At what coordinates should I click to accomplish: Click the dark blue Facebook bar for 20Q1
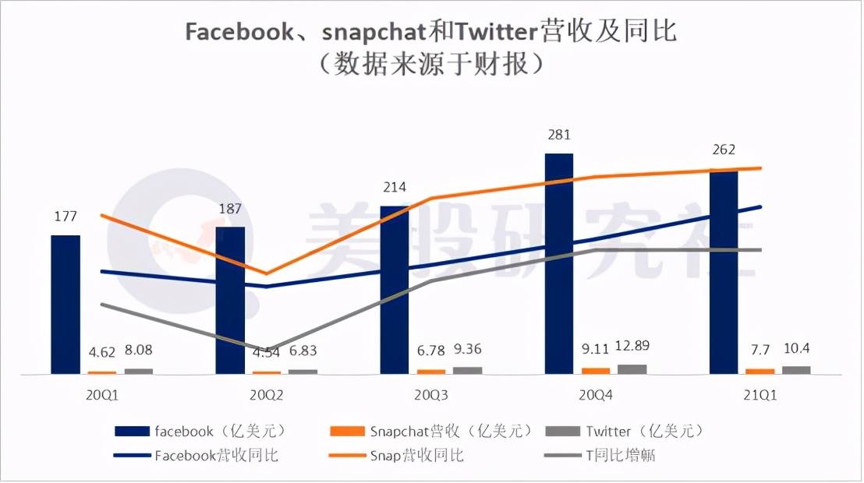(66, 304)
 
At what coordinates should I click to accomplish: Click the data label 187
(230, 209)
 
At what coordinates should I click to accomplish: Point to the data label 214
(395, 188)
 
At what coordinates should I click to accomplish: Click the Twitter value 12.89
(632, 346)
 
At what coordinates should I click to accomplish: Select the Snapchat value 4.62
(102, 353)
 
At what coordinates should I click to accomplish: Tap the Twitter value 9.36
(468, 351)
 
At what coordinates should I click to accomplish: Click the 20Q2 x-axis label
(267, 395)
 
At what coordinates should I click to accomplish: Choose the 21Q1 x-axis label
(760, 395)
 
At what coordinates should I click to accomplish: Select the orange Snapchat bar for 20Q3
(431, 372)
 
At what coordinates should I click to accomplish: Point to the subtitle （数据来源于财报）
(431, 65)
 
